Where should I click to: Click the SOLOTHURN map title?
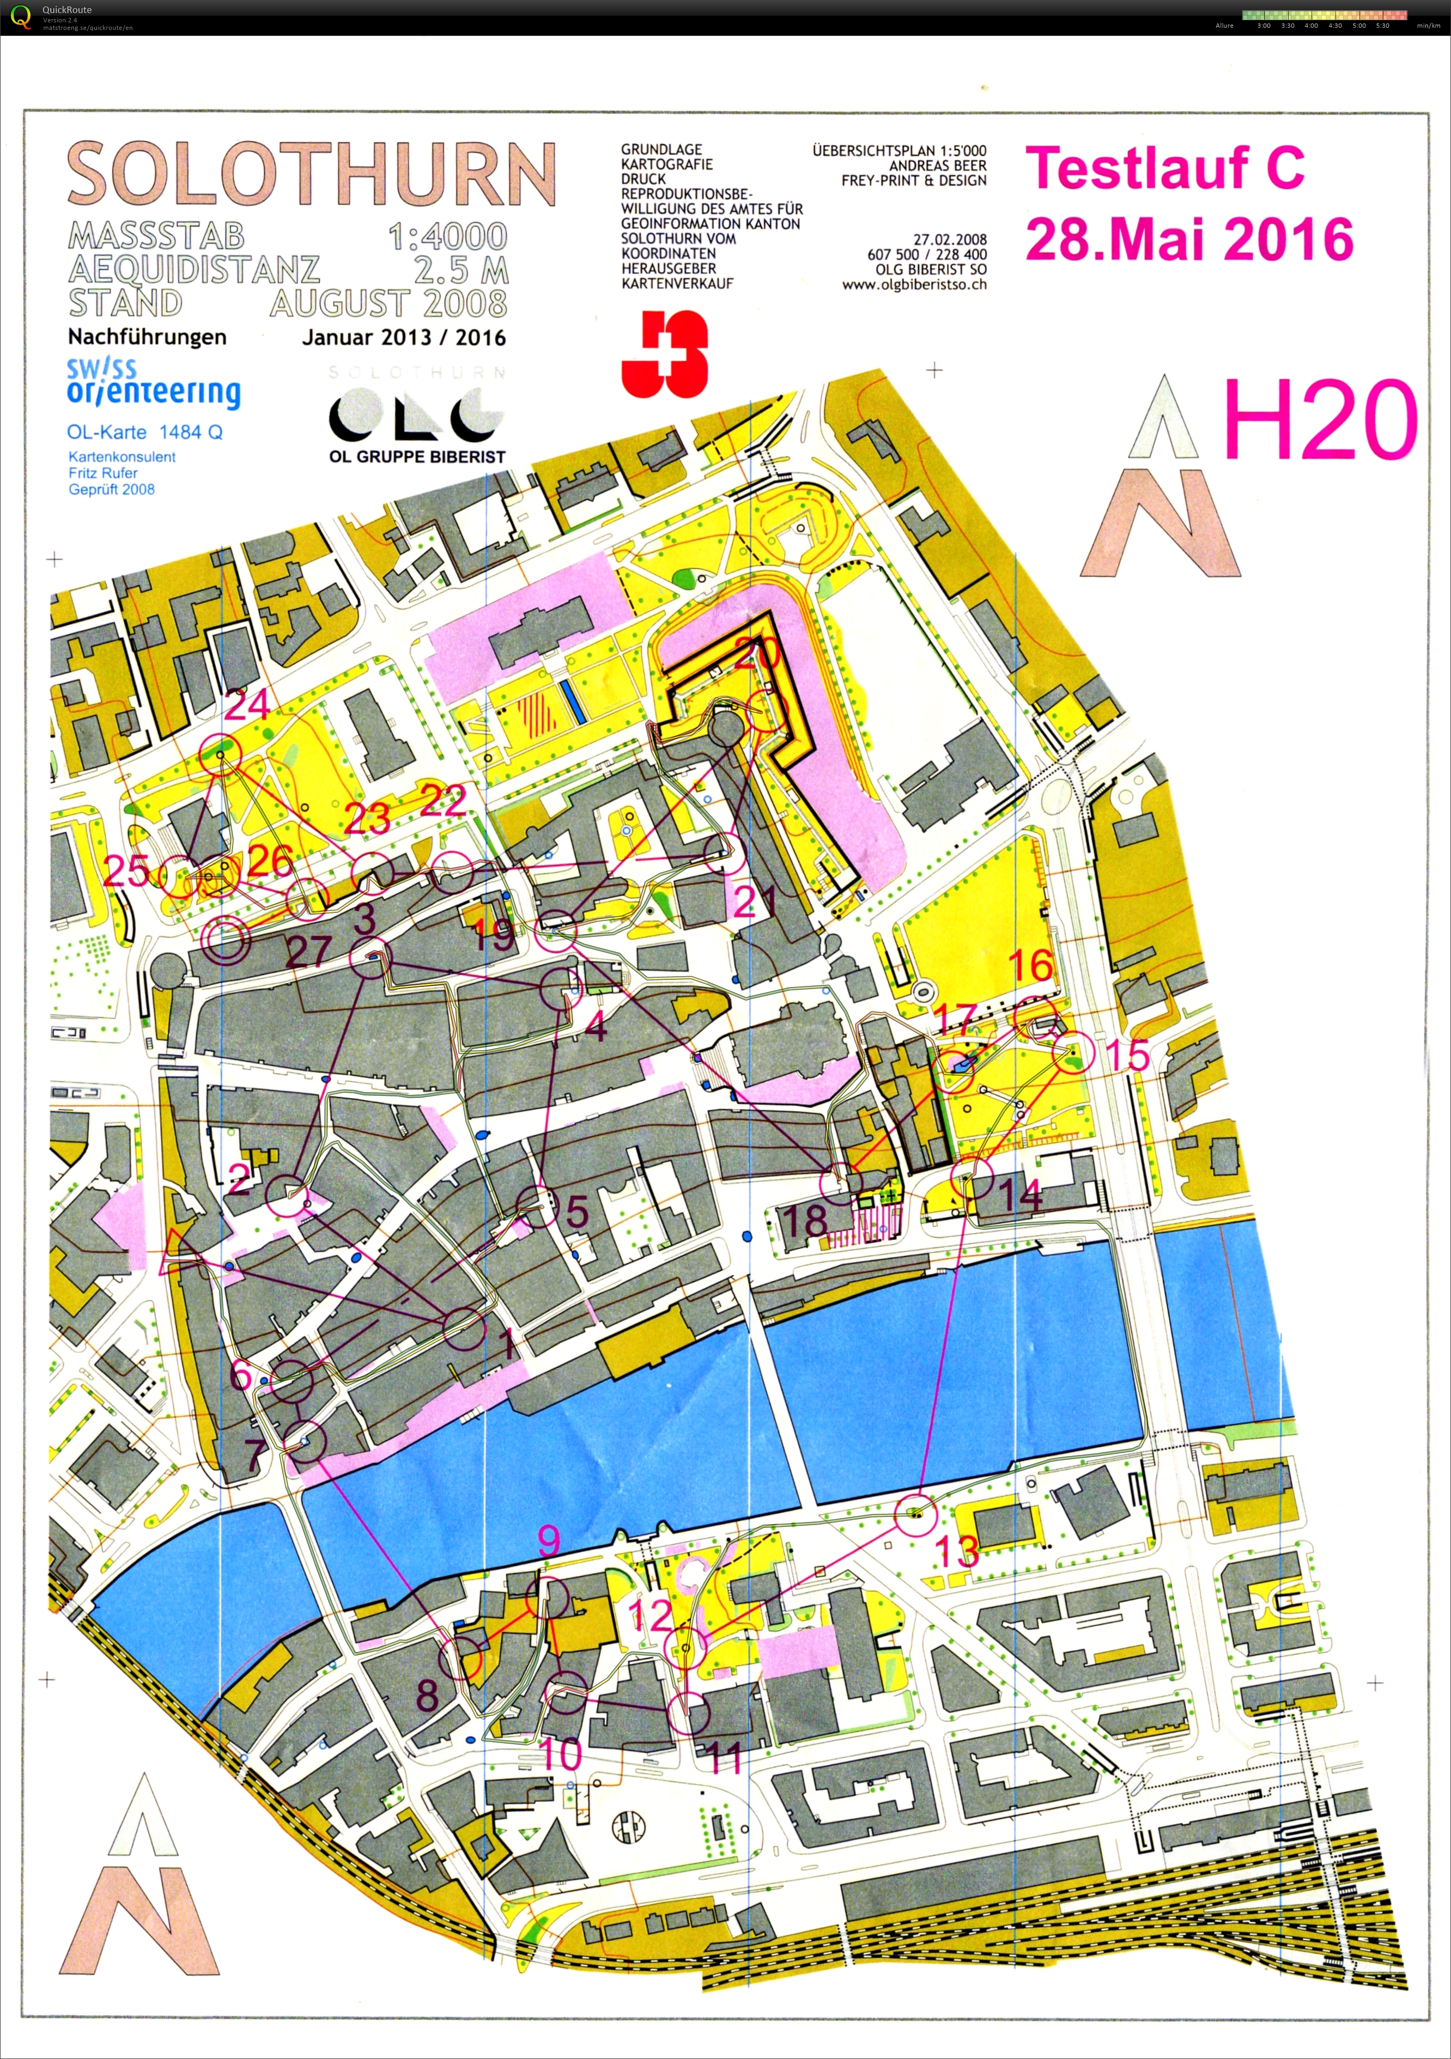click(311, 173)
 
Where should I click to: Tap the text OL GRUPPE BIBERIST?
click(417, 456)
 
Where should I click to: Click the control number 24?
click(247, 705)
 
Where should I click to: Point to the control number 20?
click(757, 653)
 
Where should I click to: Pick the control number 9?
click(549, 1540)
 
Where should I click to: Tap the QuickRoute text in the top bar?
click(66, 10)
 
